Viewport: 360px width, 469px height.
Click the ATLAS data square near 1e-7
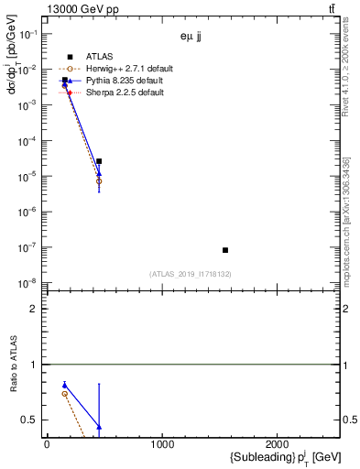[224, 250]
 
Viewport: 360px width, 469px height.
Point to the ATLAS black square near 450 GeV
[99, 161]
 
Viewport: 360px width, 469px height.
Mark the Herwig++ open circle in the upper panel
[99, 181]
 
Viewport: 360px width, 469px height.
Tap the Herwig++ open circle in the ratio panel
[64, 394]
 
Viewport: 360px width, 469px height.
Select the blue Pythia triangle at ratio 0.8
[64, 386]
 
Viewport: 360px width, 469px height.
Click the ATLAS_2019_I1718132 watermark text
[190, 274]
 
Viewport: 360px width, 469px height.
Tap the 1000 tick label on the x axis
[162, 444]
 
